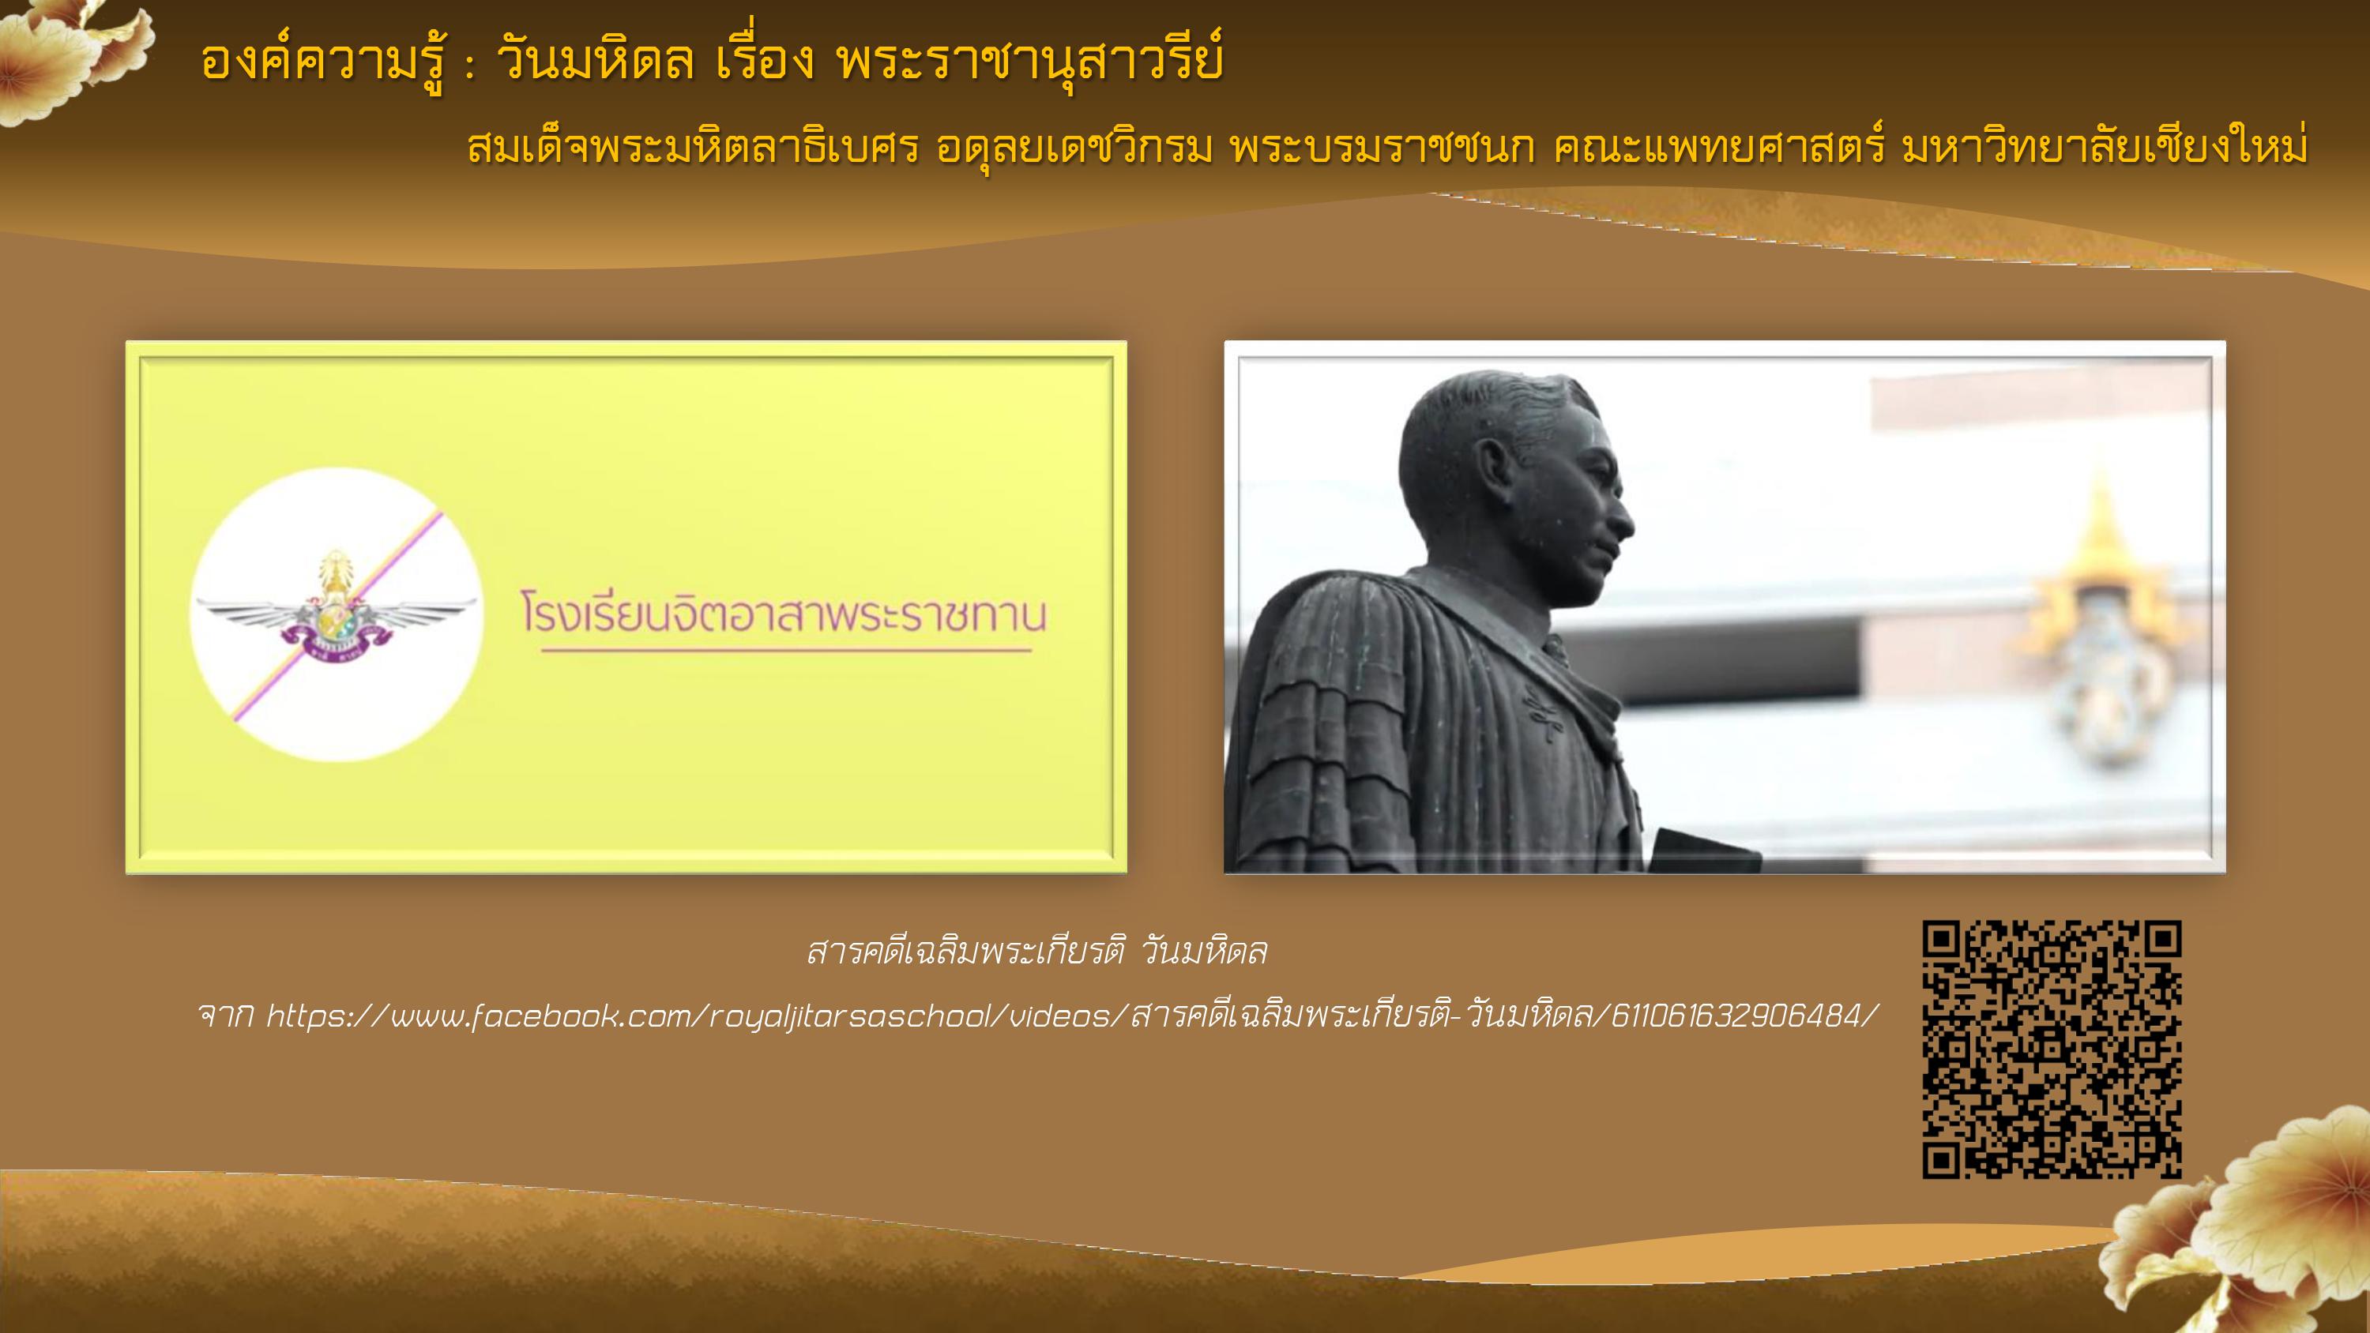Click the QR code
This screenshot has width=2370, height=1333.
[x=2052, y=1050]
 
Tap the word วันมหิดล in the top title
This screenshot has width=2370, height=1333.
[x=595, y=62]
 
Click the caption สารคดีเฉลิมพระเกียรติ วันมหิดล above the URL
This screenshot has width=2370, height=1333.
[x=1036, y=952]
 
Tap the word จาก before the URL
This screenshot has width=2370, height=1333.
[x=226, y=1016]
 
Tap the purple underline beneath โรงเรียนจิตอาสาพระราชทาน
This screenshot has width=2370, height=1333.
[x=787, y=651]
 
